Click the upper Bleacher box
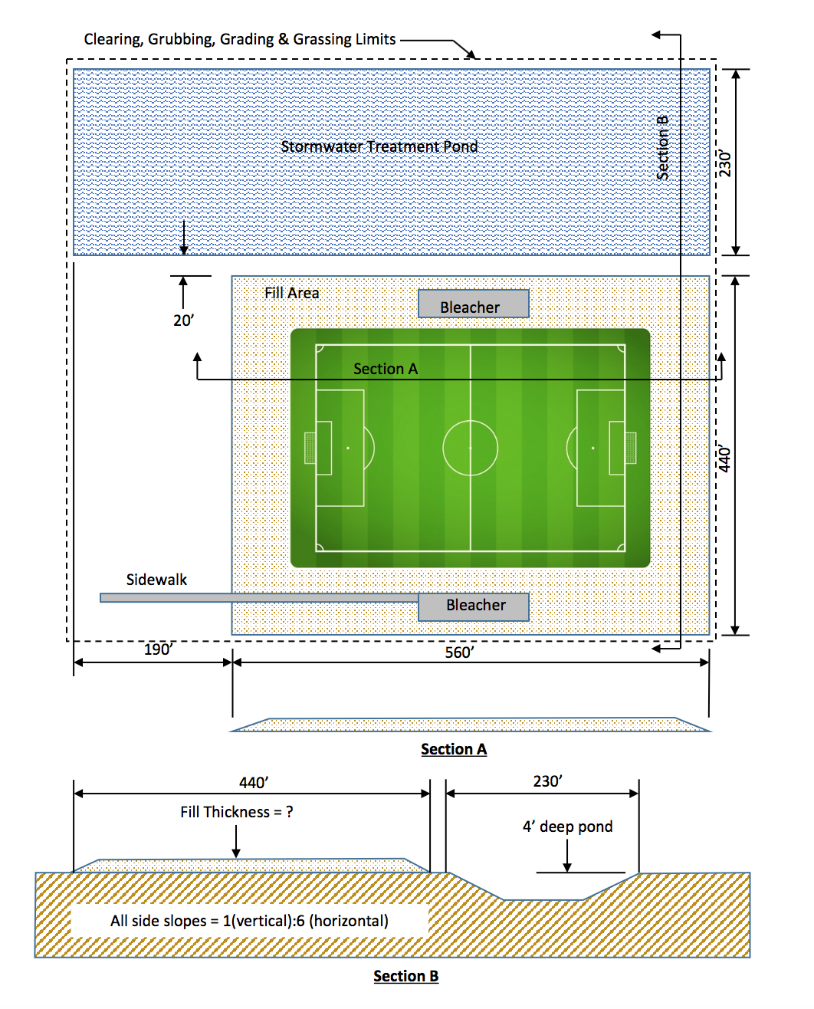pos(473,304)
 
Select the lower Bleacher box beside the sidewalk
pos(474,606)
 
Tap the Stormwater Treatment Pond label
pos(379,146)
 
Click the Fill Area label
pos(291,293)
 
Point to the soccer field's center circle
pos(470,448)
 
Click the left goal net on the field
pos(310,448)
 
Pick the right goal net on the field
pos(631,448)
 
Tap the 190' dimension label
pos(158,649)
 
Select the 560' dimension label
pos(459,652)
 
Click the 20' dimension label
pos(183,320)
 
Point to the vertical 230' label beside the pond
pos(725,163)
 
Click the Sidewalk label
pos(156,580)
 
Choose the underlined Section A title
pos(454,749)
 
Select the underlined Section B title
pos(405,976)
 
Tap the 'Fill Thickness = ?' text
pos(237,812)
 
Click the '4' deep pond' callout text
pos(567,827)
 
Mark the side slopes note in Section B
pos(249,921)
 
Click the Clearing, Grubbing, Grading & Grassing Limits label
pos(240,39)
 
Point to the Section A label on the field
pos(386,369)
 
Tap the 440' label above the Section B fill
pos(254,782)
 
